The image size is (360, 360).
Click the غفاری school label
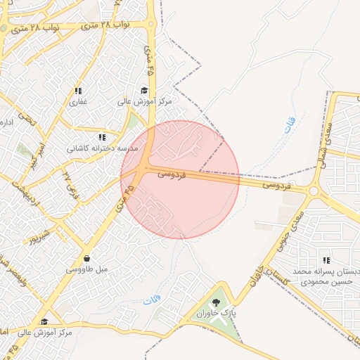[77, 102]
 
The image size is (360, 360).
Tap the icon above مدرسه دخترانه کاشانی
[103, 138]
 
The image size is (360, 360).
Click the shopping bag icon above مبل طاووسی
[86, 258]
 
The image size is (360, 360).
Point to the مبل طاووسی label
[86, 269]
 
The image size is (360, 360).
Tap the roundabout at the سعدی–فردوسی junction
[313, 190]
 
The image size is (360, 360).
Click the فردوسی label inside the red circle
[171, 172]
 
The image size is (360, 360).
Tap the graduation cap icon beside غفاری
[144, 90]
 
